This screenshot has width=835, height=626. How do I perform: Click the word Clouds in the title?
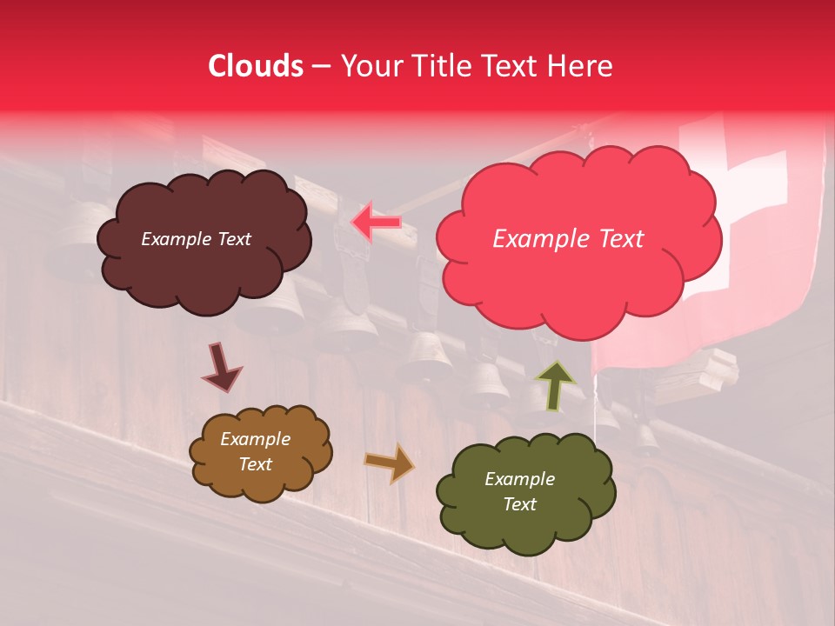256,66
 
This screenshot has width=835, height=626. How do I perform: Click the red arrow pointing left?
376,222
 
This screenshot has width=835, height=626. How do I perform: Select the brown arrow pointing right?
390,463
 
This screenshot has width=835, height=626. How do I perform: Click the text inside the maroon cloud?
196,239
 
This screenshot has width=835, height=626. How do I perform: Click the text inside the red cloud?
568,239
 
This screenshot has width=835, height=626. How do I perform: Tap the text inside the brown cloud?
255,452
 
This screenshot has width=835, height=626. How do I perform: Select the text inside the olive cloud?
519,491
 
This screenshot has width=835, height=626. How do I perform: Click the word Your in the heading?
367,66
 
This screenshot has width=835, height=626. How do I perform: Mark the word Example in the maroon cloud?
174,239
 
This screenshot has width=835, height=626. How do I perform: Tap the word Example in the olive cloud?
519,479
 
